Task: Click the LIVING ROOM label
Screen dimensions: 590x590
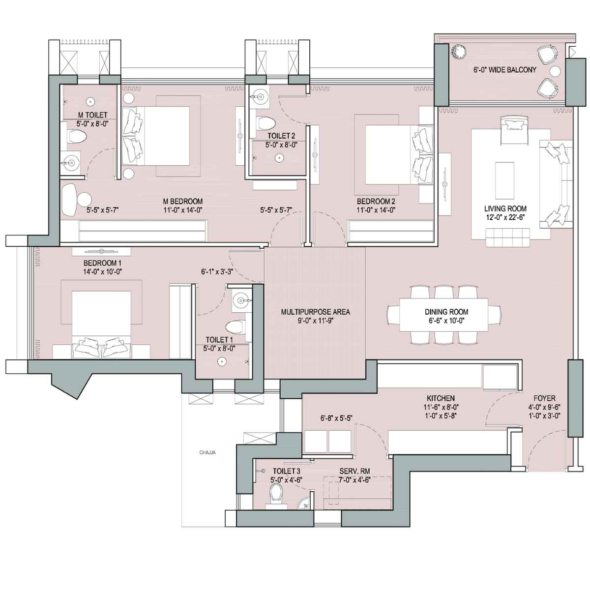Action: (505, 209)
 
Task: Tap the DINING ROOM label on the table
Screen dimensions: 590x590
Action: (446, 312)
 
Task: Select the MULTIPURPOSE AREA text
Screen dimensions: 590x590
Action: (315, 312)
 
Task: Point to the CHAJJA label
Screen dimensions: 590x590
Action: (207, 452)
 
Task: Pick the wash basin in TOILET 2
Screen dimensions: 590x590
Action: (261, 97)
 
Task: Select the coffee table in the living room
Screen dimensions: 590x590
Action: (504, 181)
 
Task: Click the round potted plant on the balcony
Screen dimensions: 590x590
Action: (459, 51)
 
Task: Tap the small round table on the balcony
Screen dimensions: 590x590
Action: (555, 71)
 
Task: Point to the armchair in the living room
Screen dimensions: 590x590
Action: (514, 129)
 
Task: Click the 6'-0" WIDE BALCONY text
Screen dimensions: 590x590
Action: (505, 70)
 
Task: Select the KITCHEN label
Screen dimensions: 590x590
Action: (441, 398)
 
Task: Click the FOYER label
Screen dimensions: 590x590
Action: (544, 398)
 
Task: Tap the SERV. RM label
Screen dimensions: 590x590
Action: (354, 472)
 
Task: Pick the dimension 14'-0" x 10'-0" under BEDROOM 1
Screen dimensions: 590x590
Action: (103, 271)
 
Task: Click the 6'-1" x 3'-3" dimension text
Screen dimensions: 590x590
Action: (217, 271)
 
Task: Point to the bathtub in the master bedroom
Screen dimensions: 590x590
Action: (70, 201)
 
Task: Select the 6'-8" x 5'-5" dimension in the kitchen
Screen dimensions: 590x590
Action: (336, 418)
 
